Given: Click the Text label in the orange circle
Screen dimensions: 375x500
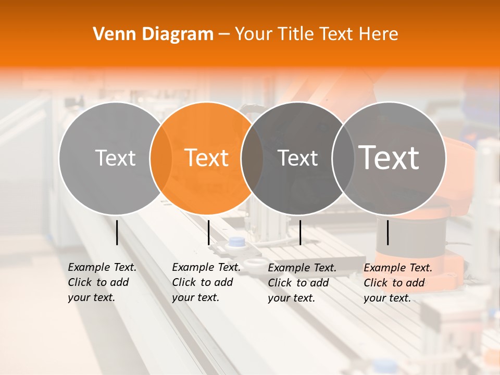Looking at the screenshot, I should click(x=207, y=158).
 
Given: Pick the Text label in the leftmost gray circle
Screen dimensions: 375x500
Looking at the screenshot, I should click(x=115, y=158).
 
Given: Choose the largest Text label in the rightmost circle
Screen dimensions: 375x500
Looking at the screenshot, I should click(x=389, y=158).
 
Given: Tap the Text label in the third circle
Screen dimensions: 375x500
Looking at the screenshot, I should click(x=298, y=158).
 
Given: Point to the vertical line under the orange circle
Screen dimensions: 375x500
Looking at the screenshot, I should click(x=208, y=232).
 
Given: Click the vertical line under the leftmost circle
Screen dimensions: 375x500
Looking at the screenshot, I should click(x=117, y=232).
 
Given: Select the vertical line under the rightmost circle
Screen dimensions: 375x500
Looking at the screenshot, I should click(x=387, y=232).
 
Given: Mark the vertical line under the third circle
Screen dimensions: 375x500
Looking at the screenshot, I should click(x=300, y=232).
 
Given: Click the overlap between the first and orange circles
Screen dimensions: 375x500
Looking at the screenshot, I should click(x=161, y=158).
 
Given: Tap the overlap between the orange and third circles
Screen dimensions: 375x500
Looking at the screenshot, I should click(x=252, y=158).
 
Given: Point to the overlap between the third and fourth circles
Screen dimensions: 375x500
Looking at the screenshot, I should click(x=343, y=158).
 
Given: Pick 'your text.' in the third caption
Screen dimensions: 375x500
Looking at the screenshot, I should click(x=291, y=298).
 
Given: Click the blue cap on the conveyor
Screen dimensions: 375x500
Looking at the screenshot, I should click(x=237, y=241).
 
